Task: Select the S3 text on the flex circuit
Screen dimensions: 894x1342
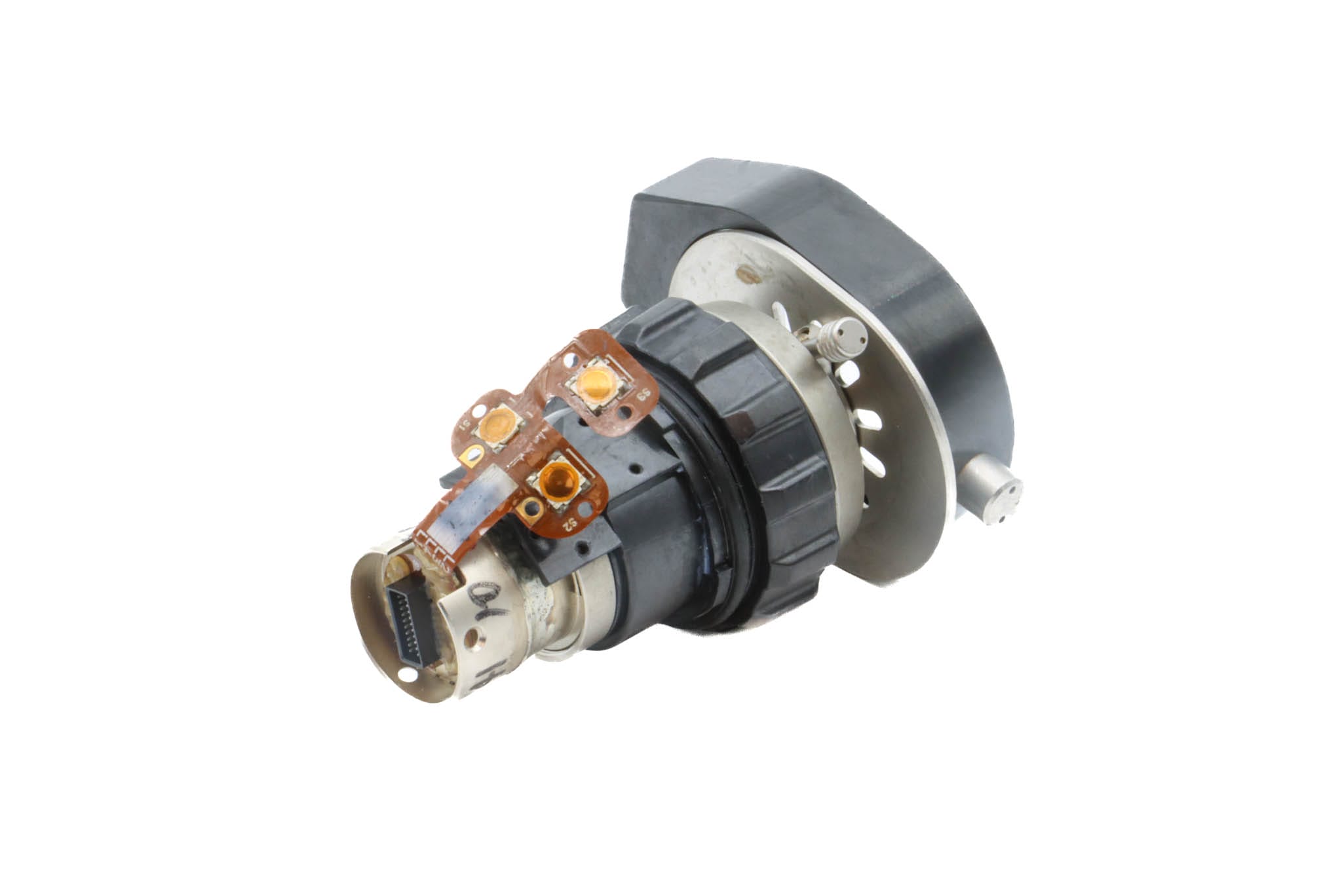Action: click(x=646, y=394)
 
